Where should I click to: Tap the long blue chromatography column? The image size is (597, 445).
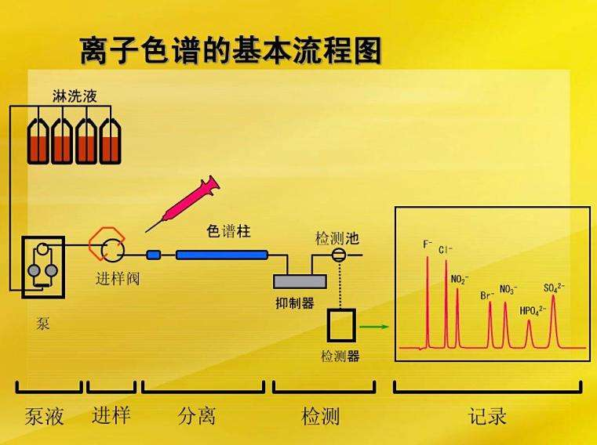[222, 255]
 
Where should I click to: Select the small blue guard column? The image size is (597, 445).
[154, 255]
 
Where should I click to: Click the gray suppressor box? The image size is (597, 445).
[300, 281]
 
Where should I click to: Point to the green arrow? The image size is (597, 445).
[374, 327]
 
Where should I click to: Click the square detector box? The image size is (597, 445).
[341, 325]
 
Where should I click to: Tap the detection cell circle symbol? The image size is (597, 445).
[338, 255]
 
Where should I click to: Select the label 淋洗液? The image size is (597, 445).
[75, 96]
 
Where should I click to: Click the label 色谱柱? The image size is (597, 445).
[228, 231]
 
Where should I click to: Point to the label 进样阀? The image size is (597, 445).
[118, 279]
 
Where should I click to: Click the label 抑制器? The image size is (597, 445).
[295, 303]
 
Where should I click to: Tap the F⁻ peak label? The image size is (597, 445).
[428, 244]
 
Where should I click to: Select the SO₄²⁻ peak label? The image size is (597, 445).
[554, 288]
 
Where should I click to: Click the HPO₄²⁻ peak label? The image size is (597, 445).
[533, 311]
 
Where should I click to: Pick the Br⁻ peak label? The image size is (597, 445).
[487, 295]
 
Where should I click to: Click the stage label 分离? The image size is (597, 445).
[196, 416]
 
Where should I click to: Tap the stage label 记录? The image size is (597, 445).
[487, 416]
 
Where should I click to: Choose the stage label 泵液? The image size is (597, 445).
[44, 416]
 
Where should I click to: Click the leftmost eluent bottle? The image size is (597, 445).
[38, 141]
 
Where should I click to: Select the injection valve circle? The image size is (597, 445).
[113, 251]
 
